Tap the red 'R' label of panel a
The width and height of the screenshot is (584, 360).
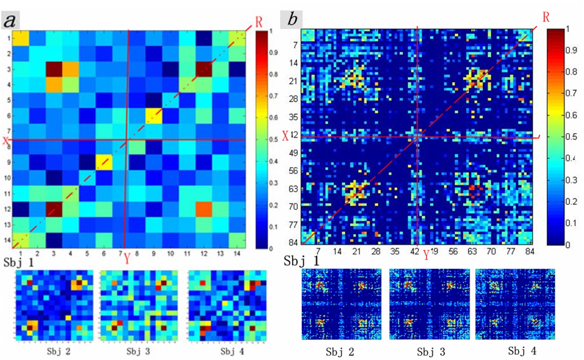pos(259,22)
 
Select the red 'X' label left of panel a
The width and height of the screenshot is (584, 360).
pos(5,141)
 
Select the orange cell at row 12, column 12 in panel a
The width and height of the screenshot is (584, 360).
pos(204,208)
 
